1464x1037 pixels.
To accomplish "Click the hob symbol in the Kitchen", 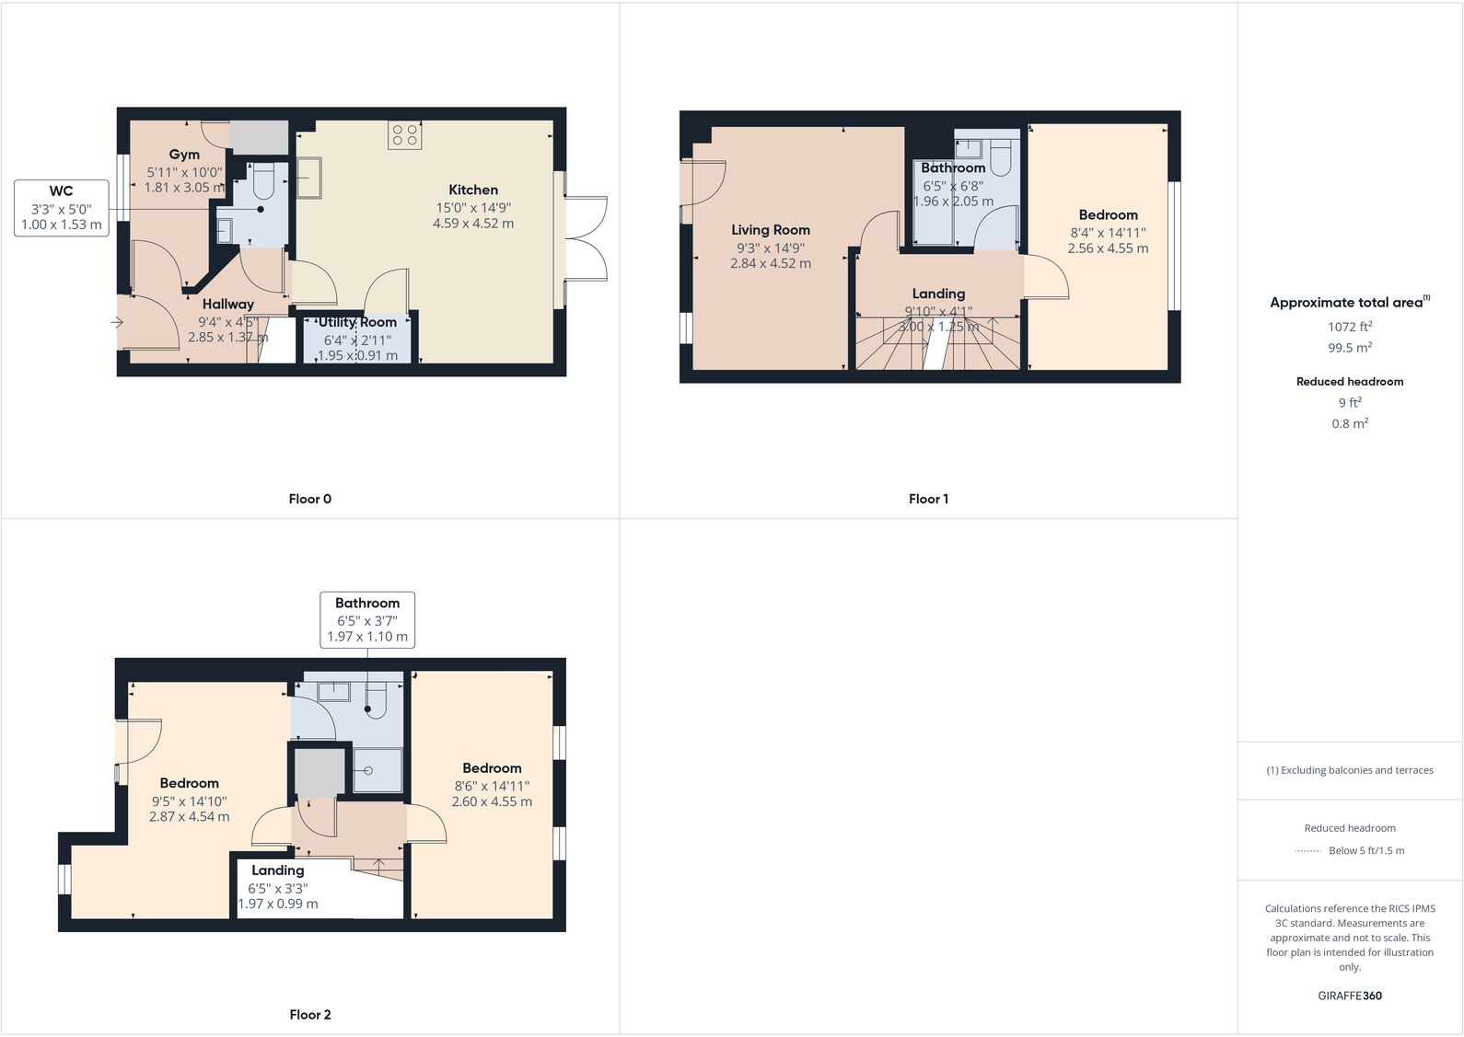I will (x=405, y=136).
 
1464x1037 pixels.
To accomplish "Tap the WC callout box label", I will (x=61, y=191).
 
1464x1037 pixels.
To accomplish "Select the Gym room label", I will (x=184, y=155).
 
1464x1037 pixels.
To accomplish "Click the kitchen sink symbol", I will (x=309, y=178).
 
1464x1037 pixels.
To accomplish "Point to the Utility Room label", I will (x=357, y=322).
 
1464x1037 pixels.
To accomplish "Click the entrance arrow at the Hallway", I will (x=117, y=322).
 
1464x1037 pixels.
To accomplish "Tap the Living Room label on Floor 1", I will (x=771, y=230).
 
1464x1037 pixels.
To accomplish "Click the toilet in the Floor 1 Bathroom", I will (x=1000, y=157).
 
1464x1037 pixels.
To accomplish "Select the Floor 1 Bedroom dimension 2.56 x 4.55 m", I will (x=1108, y=248).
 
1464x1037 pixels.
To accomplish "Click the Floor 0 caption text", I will (x=309, y=499).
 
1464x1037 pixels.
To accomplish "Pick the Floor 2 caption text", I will (x=309, y=1014).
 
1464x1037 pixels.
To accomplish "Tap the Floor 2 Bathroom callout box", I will (x=367, y=619).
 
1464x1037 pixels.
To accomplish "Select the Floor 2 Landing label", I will (x=277, y=870).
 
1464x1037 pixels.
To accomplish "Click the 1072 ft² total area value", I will (x=1350, y=327).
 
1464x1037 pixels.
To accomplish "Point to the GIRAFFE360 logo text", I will (x=1350, y=996).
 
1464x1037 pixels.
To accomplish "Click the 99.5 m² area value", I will (x=1350, y=348).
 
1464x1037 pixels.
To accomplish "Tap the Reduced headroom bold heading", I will (x=1350, y=381).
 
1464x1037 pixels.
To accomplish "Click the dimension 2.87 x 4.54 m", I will (x=190, y=816).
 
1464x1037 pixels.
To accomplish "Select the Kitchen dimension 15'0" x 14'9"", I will (x=473, y=208).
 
